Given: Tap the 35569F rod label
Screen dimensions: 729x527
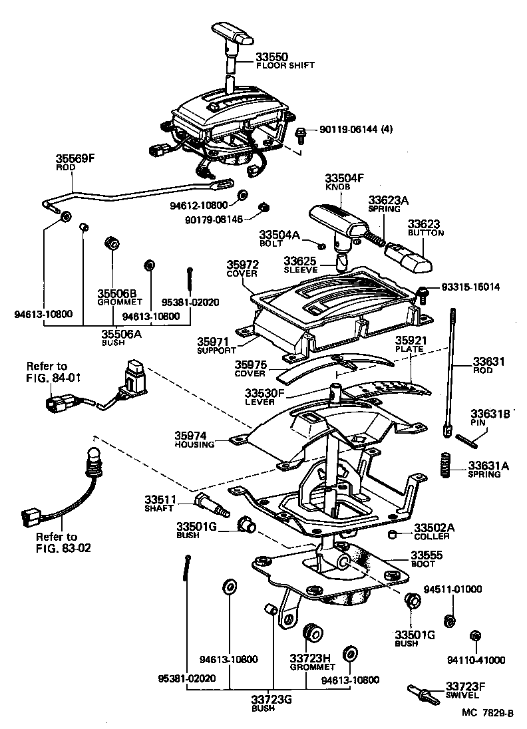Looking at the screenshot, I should (74, 160).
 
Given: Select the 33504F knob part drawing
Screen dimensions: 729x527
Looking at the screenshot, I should (337, 223).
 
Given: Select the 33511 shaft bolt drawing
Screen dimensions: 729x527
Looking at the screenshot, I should (212, 505).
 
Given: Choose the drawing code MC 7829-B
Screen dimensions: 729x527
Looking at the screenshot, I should (486, 713).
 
